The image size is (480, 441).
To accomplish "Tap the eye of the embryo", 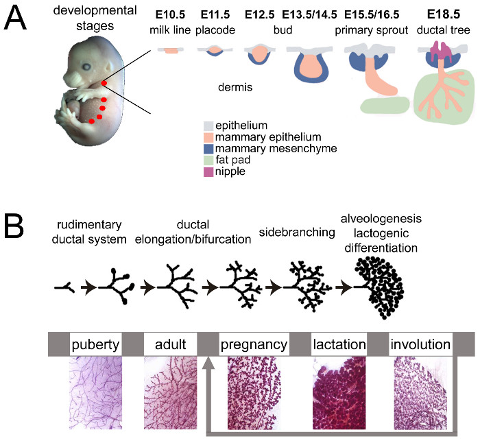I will point(88,67).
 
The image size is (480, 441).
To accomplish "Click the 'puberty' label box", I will point(95,343).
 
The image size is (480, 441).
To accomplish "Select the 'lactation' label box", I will point(336,343).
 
